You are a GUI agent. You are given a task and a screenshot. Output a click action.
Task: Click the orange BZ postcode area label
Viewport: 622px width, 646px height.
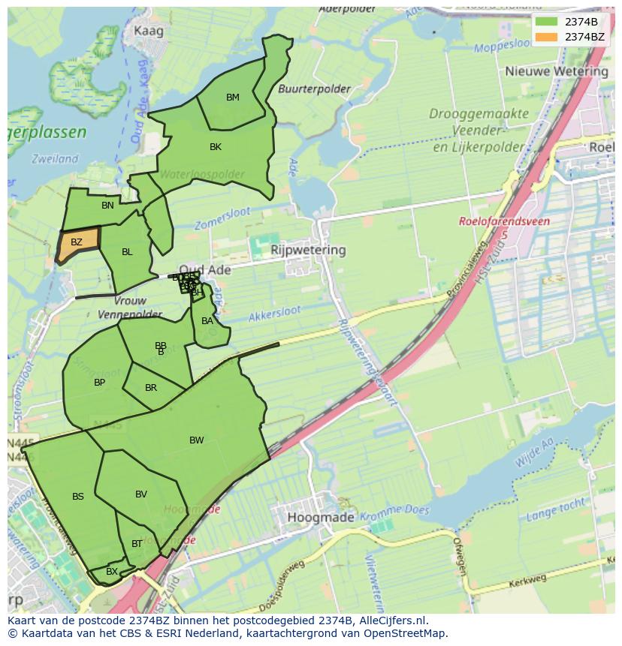pos(77,242)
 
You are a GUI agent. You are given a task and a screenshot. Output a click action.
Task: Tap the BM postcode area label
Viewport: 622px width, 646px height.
pos(233,98)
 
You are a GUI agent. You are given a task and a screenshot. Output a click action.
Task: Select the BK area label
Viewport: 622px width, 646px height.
pos(216,147)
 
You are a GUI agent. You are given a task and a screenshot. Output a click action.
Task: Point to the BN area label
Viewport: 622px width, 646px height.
pos(108,206)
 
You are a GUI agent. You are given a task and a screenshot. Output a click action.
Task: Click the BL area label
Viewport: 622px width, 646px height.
pos(127,252)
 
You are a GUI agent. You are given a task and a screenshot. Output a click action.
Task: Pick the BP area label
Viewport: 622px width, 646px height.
pos(99,383)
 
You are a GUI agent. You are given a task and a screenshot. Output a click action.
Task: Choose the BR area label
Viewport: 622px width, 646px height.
pos(151,388)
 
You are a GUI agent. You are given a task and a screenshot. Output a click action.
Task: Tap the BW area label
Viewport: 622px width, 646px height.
pos(197,440)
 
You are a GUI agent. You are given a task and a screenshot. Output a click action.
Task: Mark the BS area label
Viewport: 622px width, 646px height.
pos(78,497)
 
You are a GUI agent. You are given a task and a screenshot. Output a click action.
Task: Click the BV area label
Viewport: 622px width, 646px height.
pos(141,494)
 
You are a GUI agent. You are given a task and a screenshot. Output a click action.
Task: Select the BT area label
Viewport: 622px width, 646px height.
pos(137,544)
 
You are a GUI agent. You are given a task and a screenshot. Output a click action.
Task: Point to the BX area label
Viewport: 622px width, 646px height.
pos(112,572)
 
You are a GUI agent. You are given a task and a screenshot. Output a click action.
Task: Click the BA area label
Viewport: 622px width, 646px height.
pos(207,321)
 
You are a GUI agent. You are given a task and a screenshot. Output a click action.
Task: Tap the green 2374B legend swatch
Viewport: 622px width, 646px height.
pos(546,22)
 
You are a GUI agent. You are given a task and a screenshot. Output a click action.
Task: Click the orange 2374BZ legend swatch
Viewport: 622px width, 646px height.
pos(546,36)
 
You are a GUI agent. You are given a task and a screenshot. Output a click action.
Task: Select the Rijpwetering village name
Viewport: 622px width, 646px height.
pos(308,250)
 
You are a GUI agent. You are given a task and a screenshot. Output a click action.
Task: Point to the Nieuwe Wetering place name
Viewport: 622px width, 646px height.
pos(557,71)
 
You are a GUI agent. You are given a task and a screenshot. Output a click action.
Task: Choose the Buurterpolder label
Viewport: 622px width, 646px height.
pos(314,89)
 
